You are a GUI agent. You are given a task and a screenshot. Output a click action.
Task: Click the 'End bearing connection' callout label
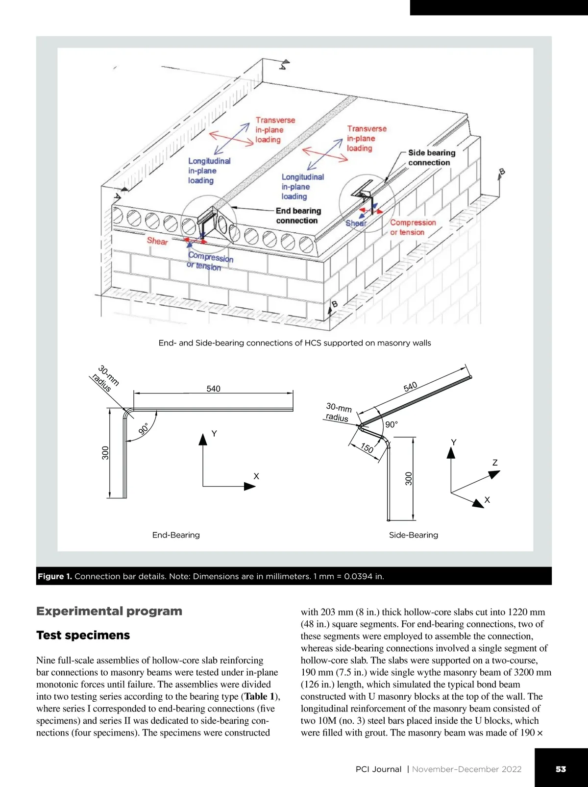click(x=298, y=216)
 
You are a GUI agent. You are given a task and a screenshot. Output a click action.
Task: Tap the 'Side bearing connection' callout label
click(x=431, y=158)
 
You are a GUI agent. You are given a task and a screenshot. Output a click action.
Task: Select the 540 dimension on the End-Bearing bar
click(x=213, y=389)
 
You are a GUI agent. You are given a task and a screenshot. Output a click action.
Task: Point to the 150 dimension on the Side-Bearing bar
click(x=367, y=448)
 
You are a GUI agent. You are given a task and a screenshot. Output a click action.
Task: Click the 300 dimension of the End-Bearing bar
click(x=105, y=453)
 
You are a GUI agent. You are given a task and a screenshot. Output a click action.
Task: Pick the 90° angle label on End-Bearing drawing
click(x=144, y=429)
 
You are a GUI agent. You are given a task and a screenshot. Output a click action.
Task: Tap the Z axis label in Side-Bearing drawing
click(x=495, y=463)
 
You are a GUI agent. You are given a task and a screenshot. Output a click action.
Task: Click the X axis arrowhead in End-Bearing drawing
click(x=250, y=486)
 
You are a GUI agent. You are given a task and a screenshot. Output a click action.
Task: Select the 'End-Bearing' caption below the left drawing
click(x=176, y=535)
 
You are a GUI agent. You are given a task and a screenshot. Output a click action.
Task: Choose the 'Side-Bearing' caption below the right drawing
click(x=414, y=535)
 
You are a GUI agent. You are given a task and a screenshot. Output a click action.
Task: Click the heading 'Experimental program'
click(x=109, y=611)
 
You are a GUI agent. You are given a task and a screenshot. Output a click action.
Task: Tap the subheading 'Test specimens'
click(x=83, y=635)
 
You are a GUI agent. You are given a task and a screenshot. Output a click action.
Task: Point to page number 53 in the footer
click(x=561, y=769)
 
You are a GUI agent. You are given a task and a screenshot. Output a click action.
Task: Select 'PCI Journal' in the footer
click(x=378, y=769)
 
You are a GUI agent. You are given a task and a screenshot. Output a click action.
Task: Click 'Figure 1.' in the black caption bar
click(x=55, y=576)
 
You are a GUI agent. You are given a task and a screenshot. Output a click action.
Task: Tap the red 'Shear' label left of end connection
click(x=157, y=241)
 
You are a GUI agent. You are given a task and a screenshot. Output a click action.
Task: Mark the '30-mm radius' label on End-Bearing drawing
click(x=105, y=379)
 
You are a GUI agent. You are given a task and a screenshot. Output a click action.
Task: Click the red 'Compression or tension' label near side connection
click(x=413, y=227)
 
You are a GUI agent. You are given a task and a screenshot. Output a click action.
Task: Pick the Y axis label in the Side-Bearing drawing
click(x=454, y=443)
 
